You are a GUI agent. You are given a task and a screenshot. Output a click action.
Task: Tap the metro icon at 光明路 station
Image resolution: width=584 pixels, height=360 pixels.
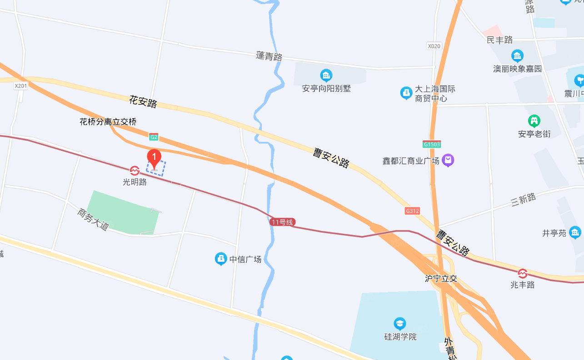tap(135, 171)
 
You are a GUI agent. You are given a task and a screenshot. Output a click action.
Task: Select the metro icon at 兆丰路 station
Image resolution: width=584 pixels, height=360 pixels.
tap(523, 274)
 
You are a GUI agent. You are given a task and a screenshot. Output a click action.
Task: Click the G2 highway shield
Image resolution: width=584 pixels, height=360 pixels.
tap(154, 136)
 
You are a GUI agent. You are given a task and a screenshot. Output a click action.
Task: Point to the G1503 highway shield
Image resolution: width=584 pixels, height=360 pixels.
tap(431, 145)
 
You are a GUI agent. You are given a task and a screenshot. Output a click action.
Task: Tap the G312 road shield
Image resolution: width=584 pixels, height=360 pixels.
tap(412, 211)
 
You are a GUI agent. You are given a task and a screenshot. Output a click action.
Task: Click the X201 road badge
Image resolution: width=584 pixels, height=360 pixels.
tap(21, 86)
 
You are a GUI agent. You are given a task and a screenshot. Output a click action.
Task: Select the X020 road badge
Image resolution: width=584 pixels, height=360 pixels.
tap(434, 46)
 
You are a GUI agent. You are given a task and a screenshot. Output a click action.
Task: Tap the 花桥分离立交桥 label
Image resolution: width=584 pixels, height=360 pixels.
tap(108, 122)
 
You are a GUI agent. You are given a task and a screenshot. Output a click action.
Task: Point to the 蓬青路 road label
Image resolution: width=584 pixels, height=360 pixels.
tap(269, 56)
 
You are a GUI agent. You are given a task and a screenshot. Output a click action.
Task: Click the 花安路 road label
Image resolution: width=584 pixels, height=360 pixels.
tap(143, 101)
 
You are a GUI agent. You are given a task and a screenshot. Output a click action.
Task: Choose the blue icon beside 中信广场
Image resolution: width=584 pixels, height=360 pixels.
tap(221, 259)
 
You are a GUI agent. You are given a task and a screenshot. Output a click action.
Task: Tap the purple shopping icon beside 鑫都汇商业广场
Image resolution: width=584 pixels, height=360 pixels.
tap(448, 160)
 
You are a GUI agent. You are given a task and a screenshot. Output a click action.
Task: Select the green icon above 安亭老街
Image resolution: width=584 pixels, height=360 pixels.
tap(534, 121)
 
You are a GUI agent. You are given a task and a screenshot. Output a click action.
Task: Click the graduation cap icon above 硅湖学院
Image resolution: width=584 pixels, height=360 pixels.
tap(400, 324)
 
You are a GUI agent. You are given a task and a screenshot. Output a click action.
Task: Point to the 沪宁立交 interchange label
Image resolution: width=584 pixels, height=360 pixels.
tap(441, 279)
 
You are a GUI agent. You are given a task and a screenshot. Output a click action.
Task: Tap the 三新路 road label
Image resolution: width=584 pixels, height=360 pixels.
tap(524, 200)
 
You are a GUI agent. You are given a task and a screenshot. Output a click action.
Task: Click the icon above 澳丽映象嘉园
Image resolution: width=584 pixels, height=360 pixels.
tap(517, 56)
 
